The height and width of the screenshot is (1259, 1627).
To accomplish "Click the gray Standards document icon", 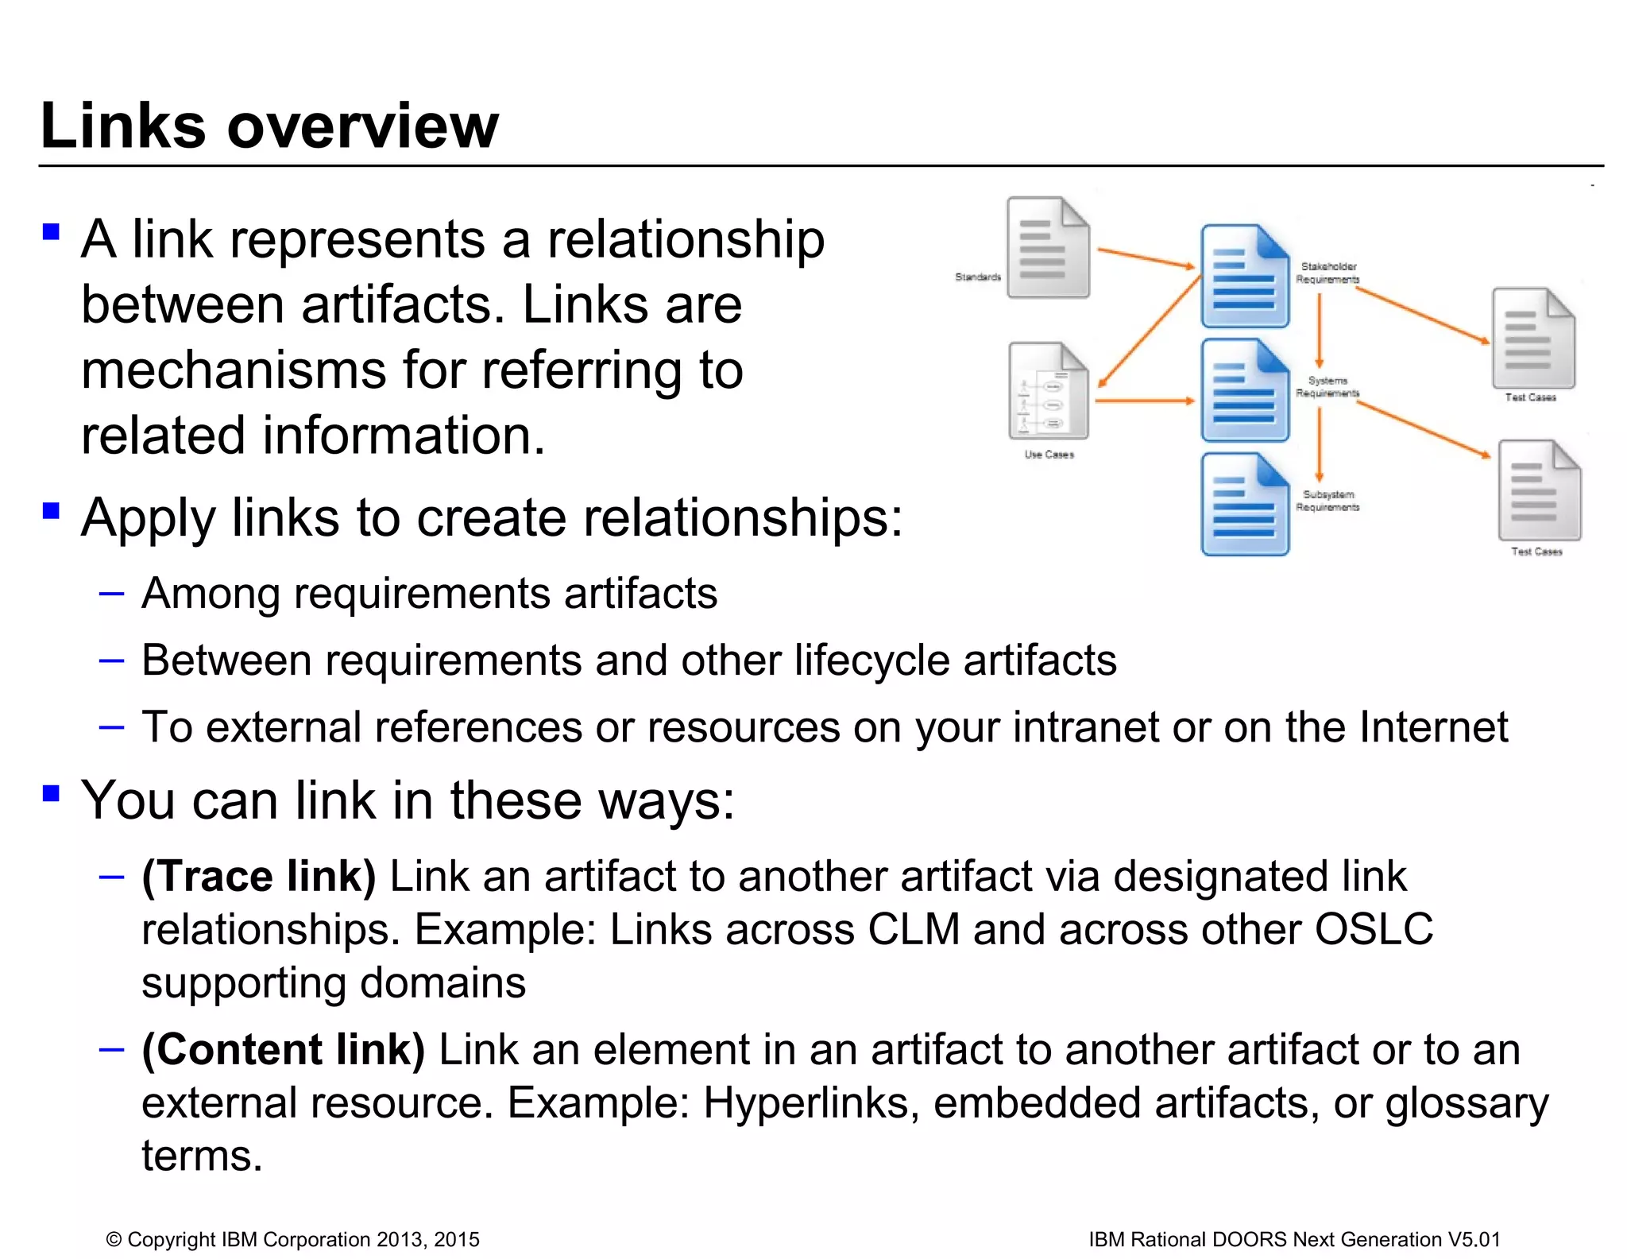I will pyautogui.click(x=1047, y=249).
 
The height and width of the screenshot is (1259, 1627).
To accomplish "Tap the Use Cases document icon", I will pyautogui.click(x=1048, y=392).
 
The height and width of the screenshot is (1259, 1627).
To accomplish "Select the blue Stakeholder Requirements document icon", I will pyautogui.click(x=1244, y=277).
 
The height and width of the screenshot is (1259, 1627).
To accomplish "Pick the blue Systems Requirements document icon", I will pyautogui.click(x=1244, y=390).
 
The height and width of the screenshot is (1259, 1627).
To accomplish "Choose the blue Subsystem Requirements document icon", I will pyautogui.click(x=1244, y=504).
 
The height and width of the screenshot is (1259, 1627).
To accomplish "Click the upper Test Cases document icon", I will pyautogui.click(x=1532, y=339).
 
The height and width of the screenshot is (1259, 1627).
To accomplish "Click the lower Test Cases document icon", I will pyautogui.click(x=1539, y=491).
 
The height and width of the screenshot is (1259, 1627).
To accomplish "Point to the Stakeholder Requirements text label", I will pyautogui.click(x=1327, y=273).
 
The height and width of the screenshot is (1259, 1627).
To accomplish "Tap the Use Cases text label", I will pyautogui.click(x=1049, y=455).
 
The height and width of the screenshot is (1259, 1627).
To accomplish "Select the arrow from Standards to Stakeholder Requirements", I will pyautogui.click(x=1146, y=258).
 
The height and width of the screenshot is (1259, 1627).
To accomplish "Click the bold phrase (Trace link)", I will pyautogui.click(x=258, y=877).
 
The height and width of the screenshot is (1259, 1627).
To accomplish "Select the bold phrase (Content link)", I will pyautogui.click(x=283, y=1049).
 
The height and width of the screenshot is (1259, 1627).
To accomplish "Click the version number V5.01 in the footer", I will pyautogui.click(x=1474, y=1239).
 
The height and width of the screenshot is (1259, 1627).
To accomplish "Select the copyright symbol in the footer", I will pyautogui.click(x=114, y=1240).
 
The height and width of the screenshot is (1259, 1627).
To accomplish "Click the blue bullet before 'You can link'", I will pyautogui.click(x=52, y=792).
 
